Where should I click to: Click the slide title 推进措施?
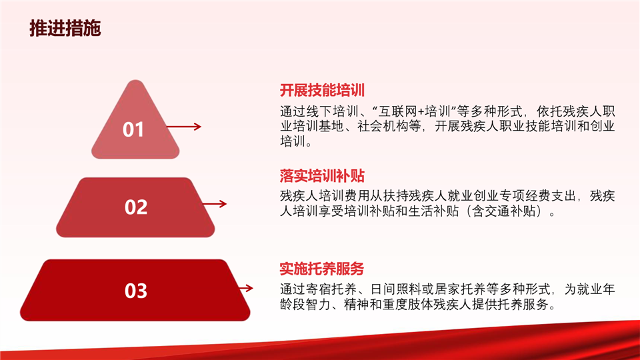click(65, 28)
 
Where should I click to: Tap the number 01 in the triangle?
click(133, 129)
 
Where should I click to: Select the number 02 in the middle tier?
click(136, 207)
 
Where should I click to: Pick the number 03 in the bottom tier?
click(136, 291)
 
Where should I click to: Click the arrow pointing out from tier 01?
click(184, 127)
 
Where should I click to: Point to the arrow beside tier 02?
click(214, 204)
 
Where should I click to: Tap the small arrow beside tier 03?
click(246, 288)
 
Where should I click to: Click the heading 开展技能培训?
click(322, 90)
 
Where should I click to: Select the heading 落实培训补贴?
click(322, 176)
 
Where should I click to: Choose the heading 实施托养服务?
click(321, 269)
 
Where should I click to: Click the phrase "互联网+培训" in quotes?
click(415, 111)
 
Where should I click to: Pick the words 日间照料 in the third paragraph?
click(395, 289)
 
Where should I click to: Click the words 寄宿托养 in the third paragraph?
click(331, 289)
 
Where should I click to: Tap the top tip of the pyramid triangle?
click(135, 80)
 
